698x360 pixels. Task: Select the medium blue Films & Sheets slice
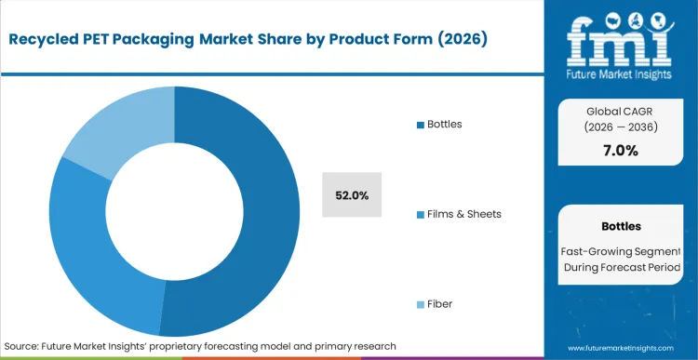pos(84,242)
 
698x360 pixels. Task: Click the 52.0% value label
pos(352,195)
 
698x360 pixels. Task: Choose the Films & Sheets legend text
pos(464,214)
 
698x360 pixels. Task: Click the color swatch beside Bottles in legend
pos(420,124)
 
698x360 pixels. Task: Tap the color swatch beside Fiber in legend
pos(420,304)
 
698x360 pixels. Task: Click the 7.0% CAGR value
pos(620,151)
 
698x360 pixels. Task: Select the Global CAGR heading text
pos(620,110)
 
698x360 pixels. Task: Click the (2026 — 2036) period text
pos(620,127)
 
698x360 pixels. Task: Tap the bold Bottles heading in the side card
pos(620,226)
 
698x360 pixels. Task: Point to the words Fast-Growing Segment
pos(620,250)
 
